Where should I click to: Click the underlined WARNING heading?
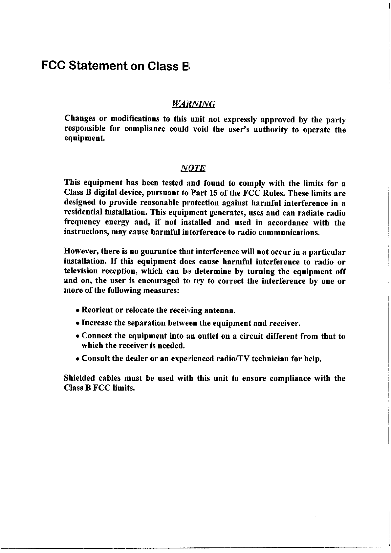(x=193, y=104)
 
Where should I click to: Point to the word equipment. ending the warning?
(x=84, y=139)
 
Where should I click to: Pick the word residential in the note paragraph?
(x=83, y=213)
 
